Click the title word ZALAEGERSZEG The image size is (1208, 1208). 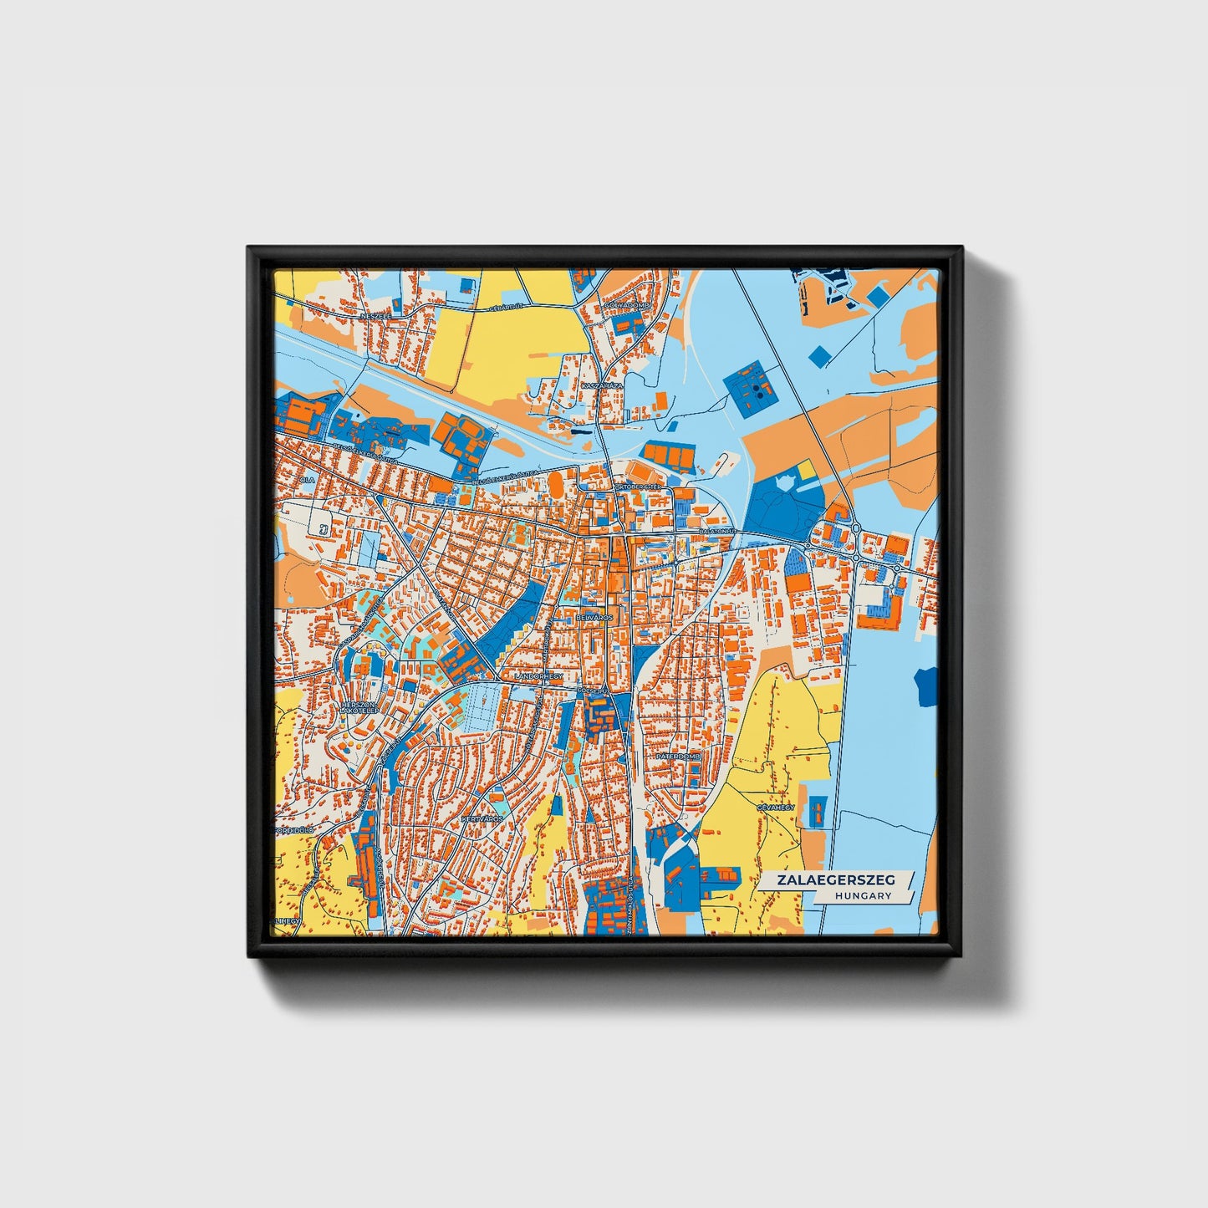(x=835, y=880)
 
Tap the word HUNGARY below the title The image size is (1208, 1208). (x=863, y=895)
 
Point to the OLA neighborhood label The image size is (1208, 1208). (x=308, y=480)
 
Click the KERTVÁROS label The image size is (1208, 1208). (x=482, y=818)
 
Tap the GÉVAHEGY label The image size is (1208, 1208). (x=773, y=808)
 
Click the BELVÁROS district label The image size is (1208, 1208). (x=594, y=617)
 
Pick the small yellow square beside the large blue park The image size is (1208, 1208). (x=806, y=471)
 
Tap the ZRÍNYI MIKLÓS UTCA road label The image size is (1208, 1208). (x=629, y=907)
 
